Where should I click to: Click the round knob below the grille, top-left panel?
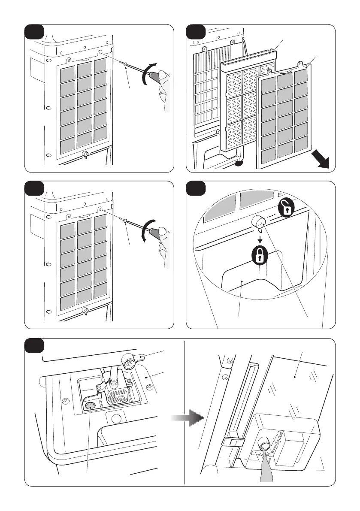(85, 154)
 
